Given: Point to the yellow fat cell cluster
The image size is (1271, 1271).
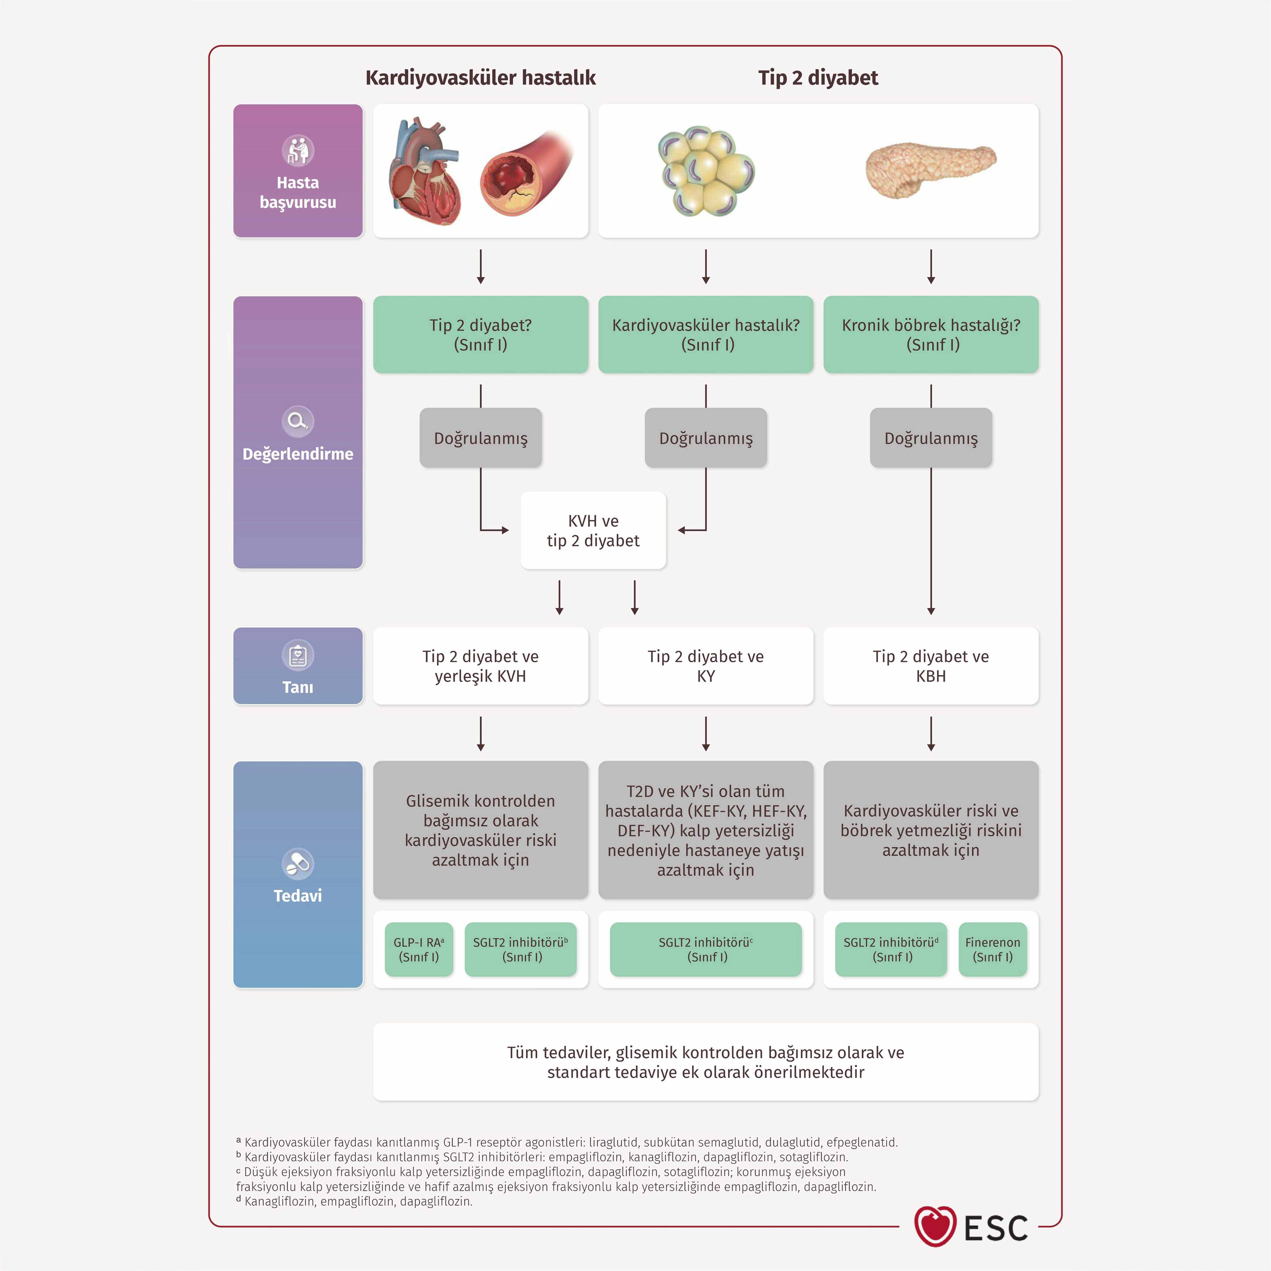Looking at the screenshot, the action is pos(706,171).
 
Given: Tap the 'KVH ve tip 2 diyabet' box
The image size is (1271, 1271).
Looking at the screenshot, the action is pos(593,530).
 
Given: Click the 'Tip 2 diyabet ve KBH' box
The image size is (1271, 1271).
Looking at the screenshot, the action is pos(931,666).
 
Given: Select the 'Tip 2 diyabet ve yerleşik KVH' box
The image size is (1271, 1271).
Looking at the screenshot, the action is pos(480,666).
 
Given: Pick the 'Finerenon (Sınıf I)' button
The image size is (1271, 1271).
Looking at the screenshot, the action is pos(993,949).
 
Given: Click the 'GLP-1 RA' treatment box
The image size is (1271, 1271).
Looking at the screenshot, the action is pos(419,949).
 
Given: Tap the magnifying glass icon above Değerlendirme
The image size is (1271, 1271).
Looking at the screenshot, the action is pos(298,421).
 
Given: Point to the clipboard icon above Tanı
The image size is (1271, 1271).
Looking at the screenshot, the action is pos(298,655).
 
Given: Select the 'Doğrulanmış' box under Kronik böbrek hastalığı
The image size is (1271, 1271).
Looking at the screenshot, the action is pos(931,437).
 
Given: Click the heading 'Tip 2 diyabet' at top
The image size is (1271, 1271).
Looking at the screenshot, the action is pos(818,78).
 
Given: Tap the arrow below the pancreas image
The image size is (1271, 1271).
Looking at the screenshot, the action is pos(931,267).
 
